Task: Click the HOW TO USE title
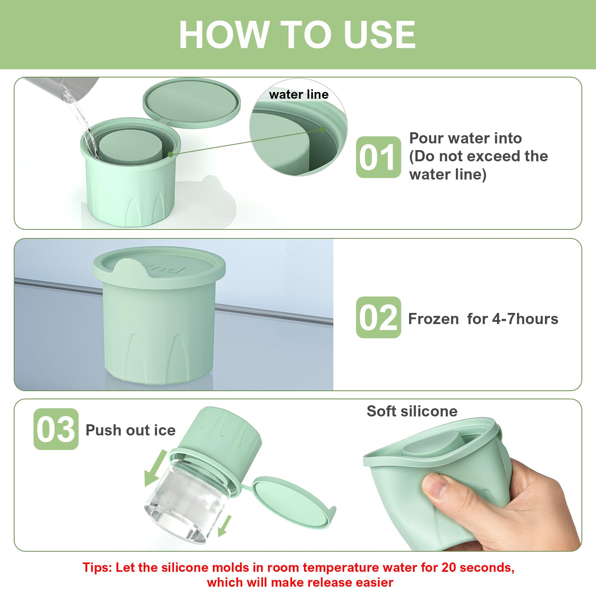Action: [297, 34]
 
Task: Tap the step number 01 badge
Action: [378, 157]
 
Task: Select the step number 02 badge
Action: [378, 317]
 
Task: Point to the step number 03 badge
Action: [56, 429]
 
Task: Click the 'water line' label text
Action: [299, 95]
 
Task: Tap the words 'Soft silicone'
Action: [412, 411]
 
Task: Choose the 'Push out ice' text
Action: [130, 430]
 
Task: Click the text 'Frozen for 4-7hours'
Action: [483, 319]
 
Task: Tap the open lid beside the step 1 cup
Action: [191, 103]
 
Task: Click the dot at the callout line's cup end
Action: [170, 154]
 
